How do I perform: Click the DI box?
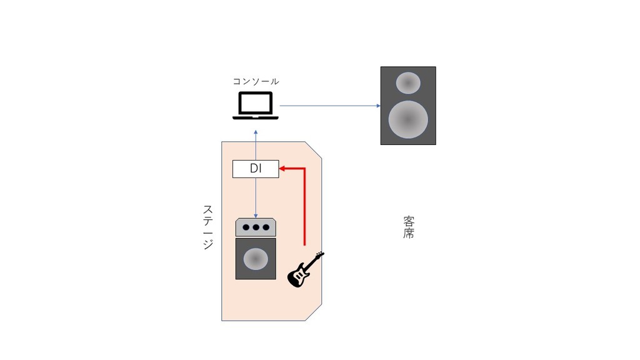pos(256,169)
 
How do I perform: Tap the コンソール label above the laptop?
pos(256,81)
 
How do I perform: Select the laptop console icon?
pos(256,106)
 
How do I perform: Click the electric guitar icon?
pos(306,269)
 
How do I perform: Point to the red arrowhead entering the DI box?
pos(282,168)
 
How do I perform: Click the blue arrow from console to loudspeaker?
pos(330,106)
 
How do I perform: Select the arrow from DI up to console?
pos(256,145)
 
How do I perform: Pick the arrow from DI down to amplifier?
pos(256,198)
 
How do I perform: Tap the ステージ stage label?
pos(208,227)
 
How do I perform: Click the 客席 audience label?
pos(409,227)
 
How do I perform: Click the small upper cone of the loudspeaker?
pos(408,83)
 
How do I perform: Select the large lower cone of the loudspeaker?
pos(408,119)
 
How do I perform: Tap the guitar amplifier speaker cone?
pos(256,259)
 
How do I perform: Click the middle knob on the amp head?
pos(256,227)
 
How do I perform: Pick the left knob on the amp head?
pos(246,227)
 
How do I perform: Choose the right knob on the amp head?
pos(266,227)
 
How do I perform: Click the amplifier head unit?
pos(256,227)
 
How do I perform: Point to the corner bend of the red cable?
pos(304,168)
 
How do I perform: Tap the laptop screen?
pos(256,103)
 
